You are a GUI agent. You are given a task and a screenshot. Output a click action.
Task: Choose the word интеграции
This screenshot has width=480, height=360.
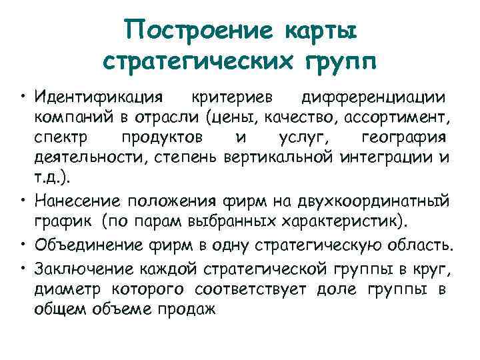click(x=387, y=159)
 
